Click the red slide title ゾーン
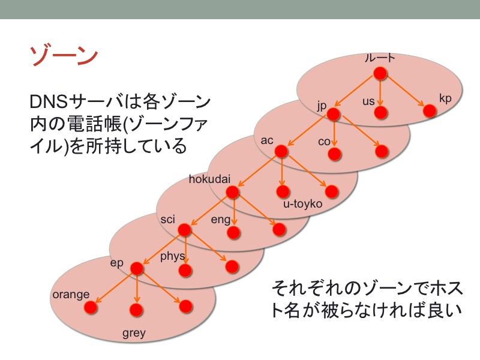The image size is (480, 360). [64, 56]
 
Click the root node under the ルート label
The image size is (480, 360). [380, 73]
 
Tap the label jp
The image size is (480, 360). [322, 106]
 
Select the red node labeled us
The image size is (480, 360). [380, 113]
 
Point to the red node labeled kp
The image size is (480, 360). [430, 111]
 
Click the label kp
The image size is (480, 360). [445, 98]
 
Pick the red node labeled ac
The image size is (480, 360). [281, 152]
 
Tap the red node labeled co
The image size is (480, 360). [334, 154]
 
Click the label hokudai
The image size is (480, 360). [209, 179]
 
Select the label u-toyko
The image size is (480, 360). [302, 204]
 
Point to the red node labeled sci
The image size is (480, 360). [184, 230]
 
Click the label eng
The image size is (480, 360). [220, 220]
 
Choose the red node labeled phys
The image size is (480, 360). [185, 271]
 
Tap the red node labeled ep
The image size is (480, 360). [137, 268]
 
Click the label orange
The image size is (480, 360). [71, 295]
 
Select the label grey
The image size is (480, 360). [134, 333]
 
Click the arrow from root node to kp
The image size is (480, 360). [404, 91]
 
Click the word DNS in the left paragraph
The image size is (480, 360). [49, 102]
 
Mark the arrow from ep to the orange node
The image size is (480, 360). [114, 287]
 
